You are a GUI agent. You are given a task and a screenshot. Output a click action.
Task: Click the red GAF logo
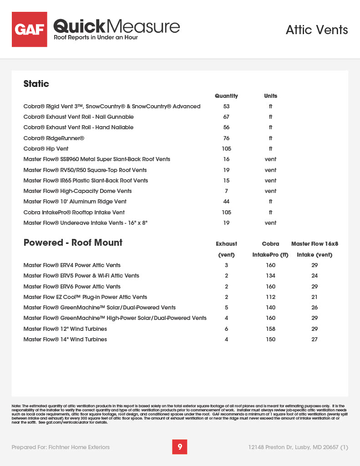pyautogui.click(x=30, y=30)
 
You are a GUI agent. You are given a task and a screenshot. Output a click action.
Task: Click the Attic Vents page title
pyautogui.click(x=317, y=30)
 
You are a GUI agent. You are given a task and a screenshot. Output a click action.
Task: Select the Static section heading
pyautogui.click(x=36, y=84)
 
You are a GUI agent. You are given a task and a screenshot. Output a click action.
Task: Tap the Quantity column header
pyautogui.click(x=226, y=96)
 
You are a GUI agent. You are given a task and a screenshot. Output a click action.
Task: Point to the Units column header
pyautogui.click(x=270, y=96)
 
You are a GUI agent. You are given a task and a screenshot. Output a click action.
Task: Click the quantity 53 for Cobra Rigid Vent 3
pyautogui.click(x=226, y=106)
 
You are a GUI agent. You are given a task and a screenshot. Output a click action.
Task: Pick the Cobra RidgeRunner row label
pyautogui.click(x=54, y=138)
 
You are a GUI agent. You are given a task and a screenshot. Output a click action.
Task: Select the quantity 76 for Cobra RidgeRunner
pyautogui.click(x=226, y=138)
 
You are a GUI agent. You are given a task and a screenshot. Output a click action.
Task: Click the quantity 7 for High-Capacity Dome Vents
pyautogui.click(x=226, y=191)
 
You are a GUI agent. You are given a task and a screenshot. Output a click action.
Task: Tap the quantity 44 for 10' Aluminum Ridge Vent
pyautogui.click(x=226, y=202)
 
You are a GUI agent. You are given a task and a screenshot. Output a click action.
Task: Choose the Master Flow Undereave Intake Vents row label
pyautogui.click(x=86, y=223)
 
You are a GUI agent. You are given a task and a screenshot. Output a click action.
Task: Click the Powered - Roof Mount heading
pyautogui.click(x=73, y=243)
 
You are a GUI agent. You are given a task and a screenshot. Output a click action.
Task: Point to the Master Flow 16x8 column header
pyautogui.click(x=314, y=244)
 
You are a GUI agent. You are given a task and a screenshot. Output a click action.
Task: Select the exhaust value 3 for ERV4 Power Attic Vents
pyautogui.click(x=226, y=265)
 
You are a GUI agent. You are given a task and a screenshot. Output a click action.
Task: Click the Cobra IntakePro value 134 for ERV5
pyautogui.click(x=270, y=276)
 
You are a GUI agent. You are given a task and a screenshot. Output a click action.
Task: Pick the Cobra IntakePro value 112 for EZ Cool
pyautogui.click(x=270, y=297)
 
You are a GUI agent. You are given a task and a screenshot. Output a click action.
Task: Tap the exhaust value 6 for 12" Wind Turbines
pyautogui.click(x=226, y=329)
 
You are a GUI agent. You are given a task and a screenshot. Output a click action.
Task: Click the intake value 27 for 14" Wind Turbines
pyautogui.click(x=314, y=339)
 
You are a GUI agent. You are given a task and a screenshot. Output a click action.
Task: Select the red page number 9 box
pyautogui.click(x=180, y=447)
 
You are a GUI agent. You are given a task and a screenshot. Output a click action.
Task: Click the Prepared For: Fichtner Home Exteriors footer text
pyautogui.click(x=61, y=447)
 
